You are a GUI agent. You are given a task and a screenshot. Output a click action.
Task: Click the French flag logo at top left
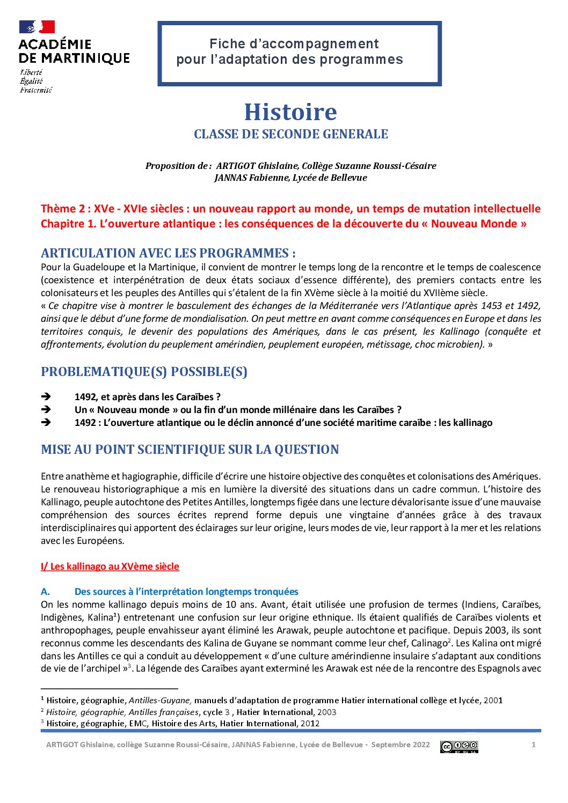coord(37,27)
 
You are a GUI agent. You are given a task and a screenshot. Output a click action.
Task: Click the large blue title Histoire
coord(290,112)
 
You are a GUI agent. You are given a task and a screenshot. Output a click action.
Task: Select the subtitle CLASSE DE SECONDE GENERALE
coord(290,134)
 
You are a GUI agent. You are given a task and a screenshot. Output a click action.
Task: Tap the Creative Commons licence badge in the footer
coord(459,746)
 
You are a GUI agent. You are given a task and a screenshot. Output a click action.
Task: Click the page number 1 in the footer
coord(533,745)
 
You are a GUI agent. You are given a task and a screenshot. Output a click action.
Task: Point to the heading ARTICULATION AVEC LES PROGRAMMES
coord(168,253)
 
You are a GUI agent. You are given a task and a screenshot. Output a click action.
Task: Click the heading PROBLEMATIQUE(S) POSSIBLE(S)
coord(144,372)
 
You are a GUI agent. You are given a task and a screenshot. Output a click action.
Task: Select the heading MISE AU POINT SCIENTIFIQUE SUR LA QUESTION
coord(190,450)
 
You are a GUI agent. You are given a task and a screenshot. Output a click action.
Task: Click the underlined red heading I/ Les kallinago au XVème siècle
coord(110,566)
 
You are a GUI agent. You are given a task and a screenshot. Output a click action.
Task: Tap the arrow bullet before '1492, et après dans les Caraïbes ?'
coord(46,397)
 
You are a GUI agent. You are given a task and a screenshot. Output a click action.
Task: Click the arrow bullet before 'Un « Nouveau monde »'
coord(46,410)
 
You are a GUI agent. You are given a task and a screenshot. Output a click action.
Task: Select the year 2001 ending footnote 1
coord(493,700)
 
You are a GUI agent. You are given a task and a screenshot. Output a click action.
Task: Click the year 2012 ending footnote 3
coord(310,723)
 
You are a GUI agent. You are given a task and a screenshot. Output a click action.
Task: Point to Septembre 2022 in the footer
coord(400,745)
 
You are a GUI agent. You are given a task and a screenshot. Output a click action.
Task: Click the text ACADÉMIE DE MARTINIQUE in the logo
coord(74,51)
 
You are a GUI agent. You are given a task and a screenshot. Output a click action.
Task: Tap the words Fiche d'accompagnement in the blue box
coord(294,43)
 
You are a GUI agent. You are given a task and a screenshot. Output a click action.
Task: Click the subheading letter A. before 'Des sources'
coord(46,592)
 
